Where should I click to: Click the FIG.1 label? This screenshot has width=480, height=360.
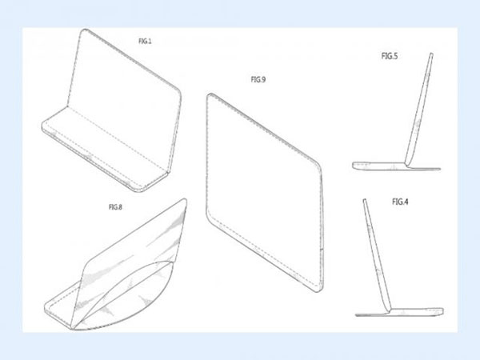[x=145, y=41]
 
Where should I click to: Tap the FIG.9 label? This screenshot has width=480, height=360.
[x=258, y=79]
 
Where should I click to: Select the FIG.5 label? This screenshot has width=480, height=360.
[x=390, y=56]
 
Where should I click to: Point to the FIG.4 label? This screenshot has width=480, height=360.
[x=400, y=202]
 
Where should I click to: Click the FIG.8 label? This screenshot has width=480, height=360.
[x=115, y=207]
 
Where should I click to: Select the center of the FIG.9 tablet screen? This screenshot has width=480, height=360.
[x=264, y=191]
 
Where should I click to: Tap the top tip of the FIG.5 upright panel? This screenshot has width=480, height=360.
[x=432, y=54]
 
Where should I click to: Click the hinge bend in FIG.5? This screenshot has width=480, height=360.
[x=406, y=164]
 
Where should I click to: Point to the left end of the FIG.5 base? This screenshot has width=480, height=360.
[x=353, y=166]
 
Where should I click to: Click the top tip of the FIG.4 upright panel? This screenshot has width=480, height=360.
[x=365, y=200]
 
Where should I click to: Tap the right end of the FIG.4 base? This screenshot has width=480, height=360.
[x=442, y=311]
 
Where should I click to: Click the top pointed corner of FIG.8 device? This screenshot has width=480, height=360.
[x=186, y=200]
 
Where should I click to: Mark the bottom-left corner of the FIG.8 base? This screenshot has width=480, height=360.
[x=46, y=309]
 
